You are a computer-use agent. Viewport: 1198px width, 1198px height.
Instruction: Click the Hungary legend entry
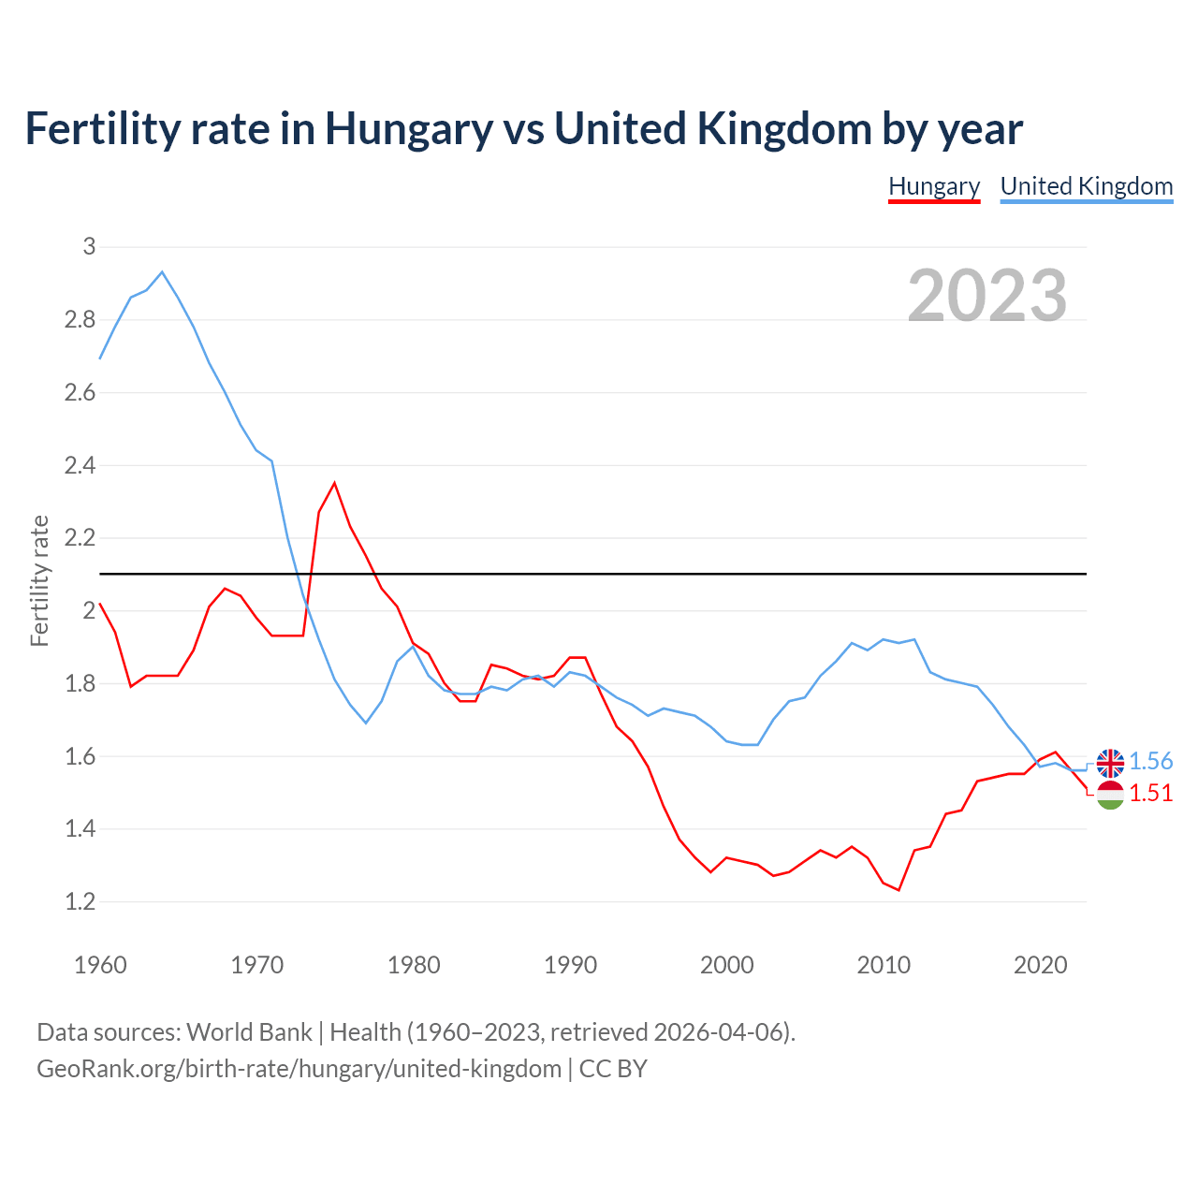[x=933, y=186]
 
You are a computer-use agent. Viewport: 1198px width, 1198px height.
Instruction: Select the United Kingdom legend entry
[x=1086, y=186]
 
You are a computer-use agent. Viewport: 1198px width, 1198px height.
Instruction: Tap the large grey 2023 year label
[x=987, y=296]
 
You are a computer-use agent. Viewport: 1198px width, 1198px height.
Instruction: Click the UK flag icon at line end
[x=1110, y=763]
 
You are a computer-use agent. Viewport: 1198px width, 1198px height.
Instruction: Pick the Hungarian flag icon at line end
[x=1110, y=795]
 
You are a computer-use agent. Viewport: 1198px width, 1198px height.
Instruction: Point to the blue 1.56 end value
[x=1150, y=762]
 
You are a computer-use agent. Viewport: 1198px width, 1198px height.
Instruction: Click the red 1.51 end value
[x=1150, y=793]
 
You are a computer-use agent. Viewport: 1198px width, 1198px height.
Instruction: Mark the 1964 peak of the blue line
[x=162, y=272]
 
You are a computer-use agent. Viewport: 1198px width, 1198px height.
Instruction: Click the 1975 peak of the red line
[x=334, y=483]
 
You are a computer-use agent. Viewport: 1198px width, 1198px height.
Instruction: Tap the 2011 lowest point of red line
[x=898, y=889]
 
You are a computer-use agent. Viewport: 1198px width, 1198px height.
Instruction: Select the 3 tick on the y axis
[x=90, y=247]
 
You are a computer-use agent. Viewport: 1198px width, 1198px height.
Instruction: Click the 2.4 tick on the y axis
[x=80, y=465]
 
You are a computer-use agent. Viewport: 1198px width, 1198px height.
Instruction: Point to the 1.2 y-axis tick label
[x=80, y=901]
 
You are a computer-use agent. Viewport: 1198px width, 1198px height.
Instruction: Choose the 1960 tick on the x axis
[x=100, y=965]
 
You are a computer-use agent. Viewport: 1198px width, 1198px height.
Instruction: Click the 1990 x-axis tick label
[x=570, y=965]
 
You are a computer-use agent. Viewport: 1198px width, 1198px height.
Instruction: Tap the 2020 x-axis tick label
[x=1040, y=965]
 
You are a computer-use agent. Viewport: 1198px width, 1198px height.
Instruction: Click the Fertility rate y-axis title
[x=39, y=580]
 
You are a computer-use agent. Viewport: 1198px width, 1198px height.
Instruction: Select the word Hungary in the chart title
[x=408, y=129]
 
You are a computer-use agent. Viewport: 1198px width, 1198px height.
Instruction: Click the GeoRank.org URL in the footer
[x=299, y=1069]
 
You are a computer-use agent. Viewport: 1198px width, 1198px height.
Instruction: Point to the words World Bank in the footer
[x=249, y=1032]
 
